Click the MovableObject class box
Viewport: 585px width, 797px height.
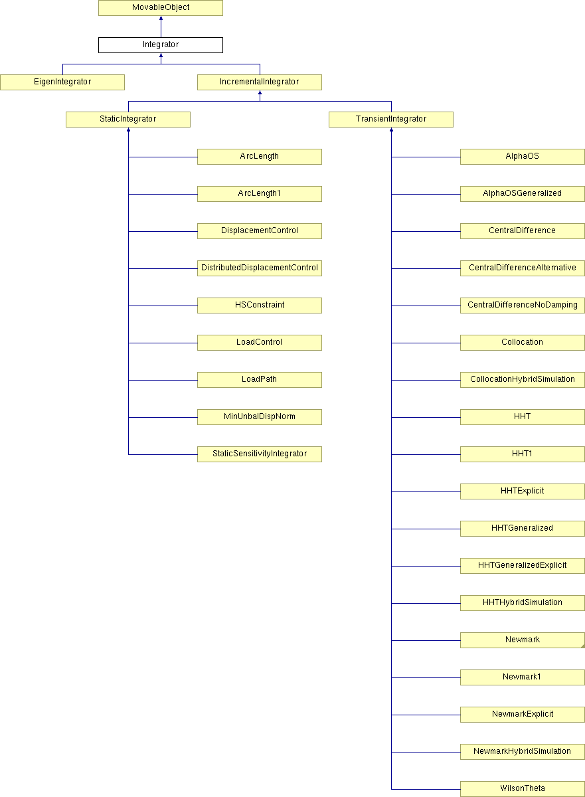(x=161, y=8)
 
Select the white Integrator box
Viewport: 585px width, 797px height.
(x=161, y=45)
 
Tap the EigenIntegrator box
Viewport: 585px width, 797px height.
(x=62, y=82)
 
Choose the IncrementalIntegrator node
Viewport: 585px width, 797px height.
(x=260, y=82)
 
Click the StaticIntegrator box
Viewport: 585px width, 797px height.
(x=128, y=120)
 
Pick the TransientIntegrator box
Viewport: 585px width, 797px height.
(x=391, y=120)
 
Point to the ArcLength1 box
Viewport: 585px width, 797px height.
(x=260, y=194)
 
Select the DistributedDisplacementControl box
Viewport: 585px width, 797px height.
(x=260, y=268)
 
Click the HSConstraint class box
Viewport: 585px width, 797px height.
(x=260, y=306)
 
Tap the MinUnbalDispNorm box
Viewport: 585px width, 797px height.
(x=260, y=417)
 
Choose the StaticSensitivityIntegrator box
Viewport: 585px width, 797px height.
(x=260, y=454)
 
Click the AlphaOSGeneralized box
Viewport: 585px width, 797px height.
(x=523, y=194)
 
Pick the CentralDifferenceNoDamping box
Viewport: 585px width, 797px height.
(x=523, y=306)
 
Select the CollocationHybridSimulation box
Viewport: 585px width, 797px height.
(x=523, y=380)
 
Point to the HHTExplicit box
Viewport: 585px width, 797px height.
(x=523, y=491)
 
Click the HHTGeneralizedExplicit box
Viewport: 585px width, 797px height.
(x=523, y=566)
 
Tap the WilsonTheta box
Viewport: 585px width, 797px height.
(x=523, y=789)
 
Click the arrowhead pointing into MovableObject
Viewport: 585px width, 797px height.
(x=161, y=18)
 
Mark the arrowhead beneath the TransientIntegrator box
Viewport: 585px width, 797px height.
(x=392, y=130)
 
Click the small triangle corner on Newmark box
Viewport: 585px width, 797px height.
(x=583, y=646)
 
